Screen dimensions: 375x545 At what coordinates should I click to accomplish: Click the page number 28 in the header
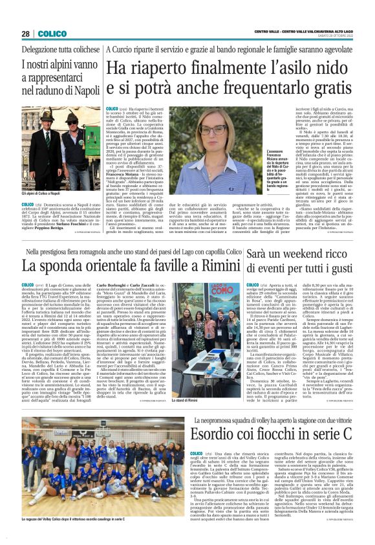[25, 34]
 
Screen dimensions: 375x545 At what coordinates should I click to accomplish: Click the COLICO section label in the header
[51, 34]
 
